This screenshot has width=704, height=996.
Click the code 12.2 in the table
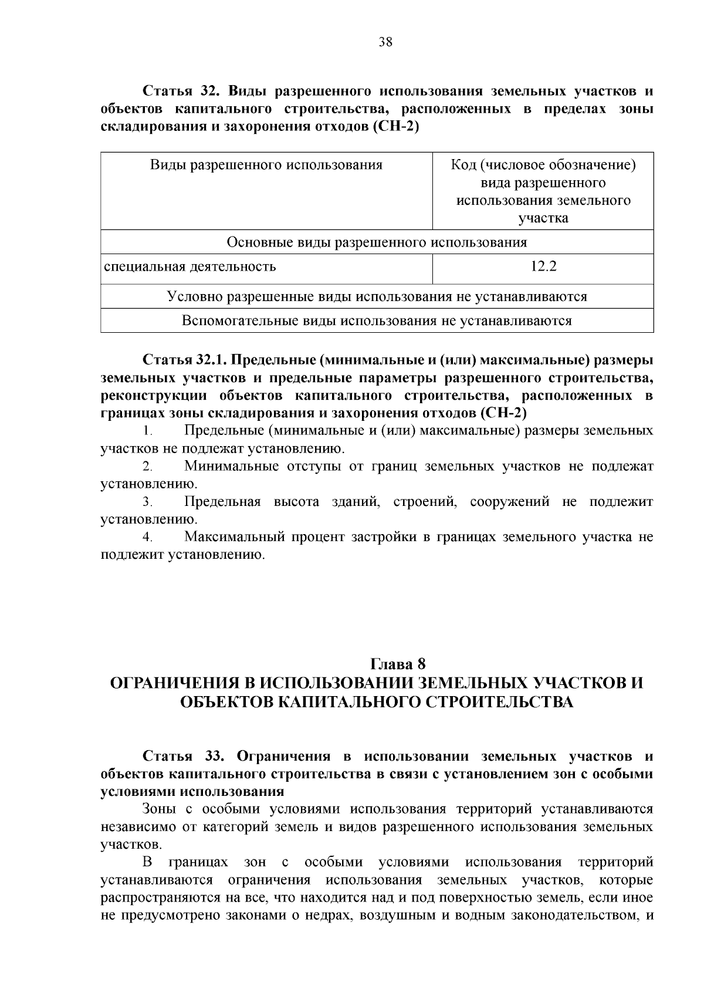pos(543,266)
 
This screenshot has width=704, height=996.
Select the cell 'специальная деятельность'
pos(190,267)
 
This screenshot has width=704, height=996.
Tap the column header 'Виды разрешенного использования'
pos(266,165)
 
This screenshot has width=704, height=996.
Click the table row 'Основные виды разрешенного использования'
pos(377,242)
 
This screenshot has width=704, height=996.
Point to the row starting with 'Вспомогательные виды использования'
pos(377,320)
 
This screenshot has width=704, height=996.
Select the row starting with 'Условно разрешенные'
pos(377,296)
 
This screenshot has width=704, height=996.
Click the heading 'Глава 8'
pos(397,664)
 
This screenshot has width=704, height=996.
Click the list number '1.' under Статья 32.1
pos(147,431)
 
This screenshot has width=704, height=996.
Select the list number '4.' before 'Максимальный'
pos(147,537)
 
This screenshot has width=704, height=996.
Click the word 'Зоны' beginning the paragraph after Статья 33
pos(159,809)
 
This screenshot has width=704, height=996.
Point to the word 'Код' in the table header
pos(463,165)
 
